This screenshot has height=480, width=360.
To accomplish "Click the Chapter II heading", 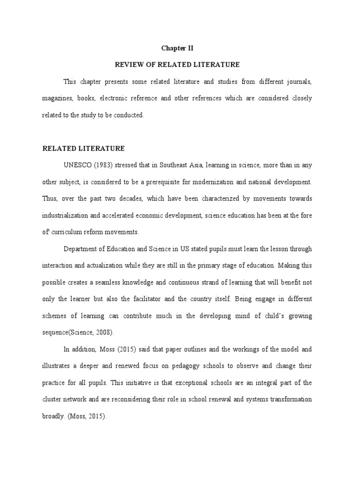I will point(177,48).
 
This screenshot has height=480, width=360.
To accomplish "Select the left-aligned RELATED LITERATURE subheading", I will point(83,149).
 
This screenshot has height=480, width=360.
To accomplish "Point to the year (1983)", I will point(103,165).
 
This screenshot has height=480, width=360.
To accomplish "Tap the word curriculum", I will point(70,232).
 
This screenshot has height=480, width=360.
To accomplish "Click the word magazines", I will point(56,98).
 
